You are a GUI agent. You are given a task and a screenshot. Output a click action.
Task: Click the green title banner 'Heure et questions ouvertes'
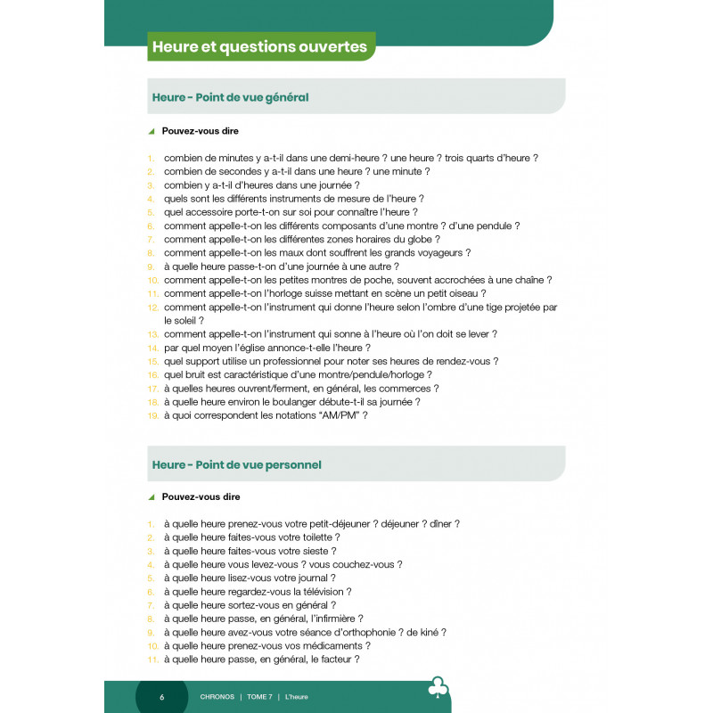pyautogui.click(x=260, y=46)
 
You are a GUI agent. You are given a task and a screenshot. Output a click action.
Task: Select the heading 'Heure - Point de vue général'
pyautogui.click(x=230, y=97)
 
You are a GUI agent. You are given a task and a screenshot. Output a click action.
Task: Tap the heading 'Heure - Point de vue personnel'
pyautogui.click(x=236, y=464)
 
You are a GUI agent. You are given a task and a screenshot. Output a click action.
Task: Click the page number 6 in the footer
pyautogui.click(x=161, y=696)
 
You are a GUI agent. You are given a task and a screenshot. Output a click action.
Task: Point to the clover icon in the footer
pyautogui.click(x=438, y=688)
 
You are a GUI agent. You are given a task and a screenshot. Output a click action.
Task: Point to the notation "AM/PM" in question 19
pyautogui.click(x=328, y=415)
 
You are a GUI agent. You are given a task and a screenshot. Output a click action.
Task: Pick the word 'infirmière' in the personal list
pyautogui.click(x=332, y=619)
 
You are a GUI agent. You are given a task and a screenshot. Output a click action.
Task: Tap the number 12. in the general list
pyautogui.click(x=152, y=307)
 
